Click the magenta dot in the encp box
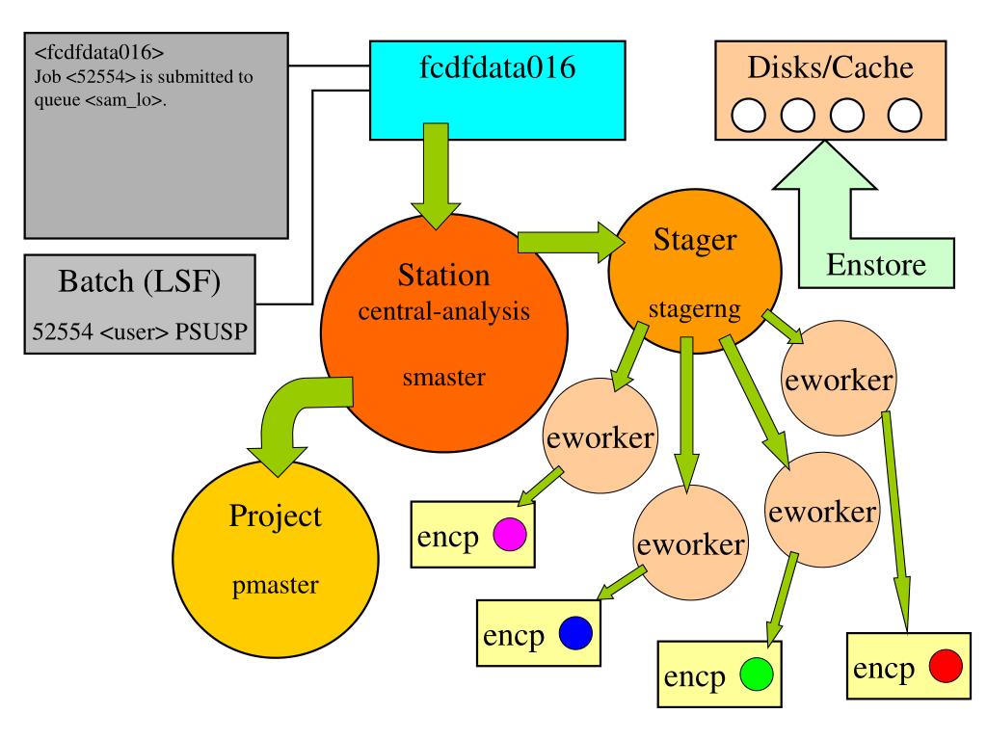click(x=509, y=534)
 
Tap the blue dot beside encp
click(x=575, y=632)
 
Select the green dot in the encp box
click(x=756, y=674)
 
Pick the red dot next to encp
click(x=946, y=666)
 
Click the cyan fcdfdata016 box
click(x=497, y=90)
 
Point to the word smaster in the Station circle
click(x=443, y=377)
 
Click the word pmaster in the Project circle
click(x=275, y=586)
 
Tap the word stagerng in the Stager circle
click(x=694, y=309)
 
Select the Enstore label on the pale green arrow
click(x=875, y=265)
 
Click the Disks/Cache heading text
click(x=830, y=67)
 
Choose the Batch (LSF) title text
click(x=139, y=281)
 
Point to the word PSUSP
click(x=211, y=331)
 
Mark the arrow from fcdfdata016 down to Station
click(x=435, y=176)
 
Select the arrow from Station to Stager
click(x=571, y=242)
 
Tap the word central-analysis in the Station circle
click(x=443, y=311)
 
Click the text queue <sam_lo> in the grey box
click(x=99, y=100)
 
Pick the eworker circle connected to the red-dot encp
click(x=839, y=378)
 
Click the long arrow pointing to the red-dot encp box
click(x=896, y=521)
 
